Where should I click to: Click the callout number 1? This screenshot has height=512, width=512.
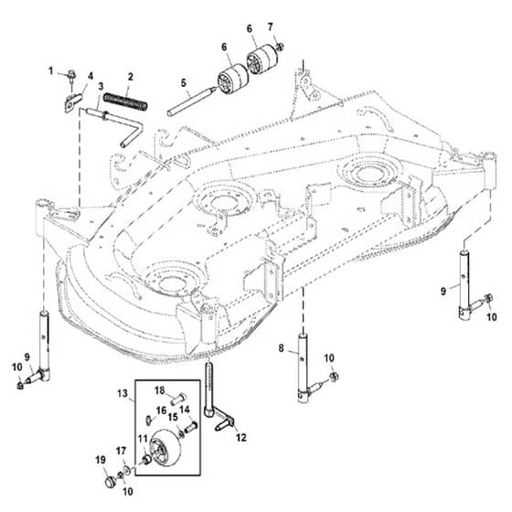(50, 71)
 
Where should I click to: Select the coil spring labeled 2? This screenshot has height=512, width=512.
(125, 101)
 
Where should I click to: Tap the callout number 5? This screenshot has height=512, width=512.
(184, 83)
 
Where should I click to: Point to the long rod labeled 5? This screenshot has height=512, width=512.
(191, 101)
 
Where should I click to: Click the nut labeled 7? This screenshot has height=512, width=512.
(279, 47)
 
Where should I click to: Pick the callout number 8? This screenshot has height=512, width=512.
(282, 348)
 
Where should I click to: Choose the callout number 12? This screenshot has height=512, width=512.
(241, 437)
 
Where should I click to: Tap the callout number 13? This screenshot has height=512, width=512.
(123, 393)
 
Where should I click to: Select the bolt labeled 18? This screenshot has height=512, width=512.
(178, 399)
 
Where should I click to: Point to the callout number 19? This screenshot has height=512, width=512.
(101, 460)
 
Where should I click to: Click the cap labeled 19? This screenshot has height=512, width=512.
(110, 481)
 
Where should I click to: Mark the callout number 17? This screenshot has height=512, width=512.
(121, 452)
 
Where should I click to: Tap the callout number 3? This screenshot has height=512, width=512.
(101, 87)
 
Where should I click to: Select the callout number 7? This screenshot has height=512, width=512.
(270, 27)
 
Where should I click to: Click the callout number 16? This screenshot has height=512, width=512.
(161, 411)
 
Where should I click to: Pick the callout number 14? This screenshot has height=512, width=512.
(185, 410)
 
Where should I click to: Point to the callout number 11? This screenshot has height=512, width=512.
(143, 439)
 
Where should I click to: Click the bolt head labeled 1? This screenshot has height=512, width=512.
(71, 74)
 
